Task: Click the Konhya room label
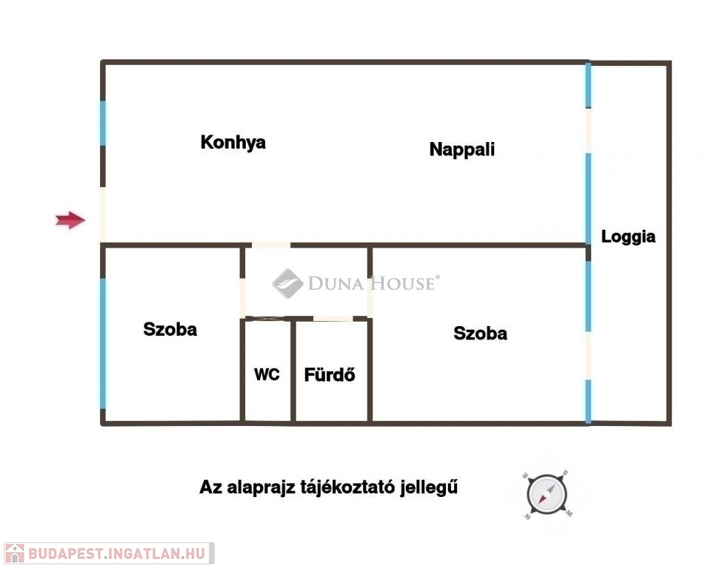coord(233,142)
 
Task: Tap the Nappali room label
coord(461,149)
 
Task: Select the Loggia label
coord(628,237)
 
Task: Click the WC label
coord(267,375)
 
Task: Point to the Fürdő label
coord(330,375)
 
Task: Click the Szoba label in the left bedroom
coord(170,329)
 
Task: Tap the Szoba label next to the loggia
coord(480,334)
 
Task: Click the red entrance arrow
coord(71,220)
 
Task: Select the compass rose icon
coord(547,493)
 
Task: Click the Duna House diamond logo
coord(287,283)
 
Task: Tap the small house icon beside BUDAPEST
coord(15,553)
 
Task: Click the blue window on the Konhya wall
coord(103,124)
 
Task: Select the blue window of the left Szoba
coord(103,342)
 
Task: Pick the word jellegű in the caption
coord(430,488)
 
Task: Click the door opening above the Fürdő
coord(333,319)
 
